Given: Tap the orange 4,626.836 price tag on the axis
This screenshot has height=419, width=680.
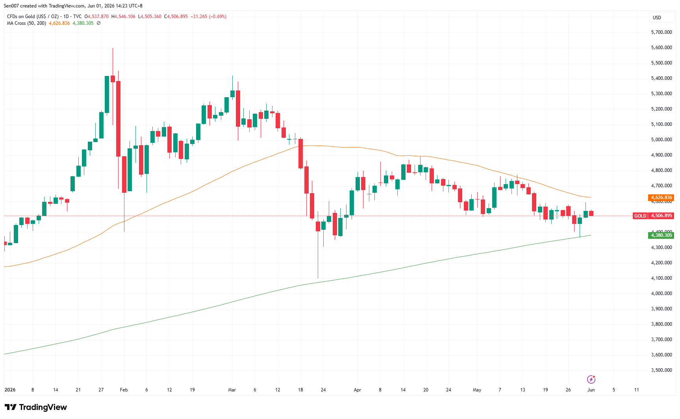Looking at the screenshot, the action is [x=661, y=198].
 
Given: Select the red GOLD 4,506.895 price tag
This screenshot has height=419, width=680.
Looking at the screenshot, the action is [x=653, y=216].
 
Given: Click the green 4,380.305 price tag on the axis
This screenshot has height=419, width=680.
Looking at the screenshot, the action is [x=661, y=235].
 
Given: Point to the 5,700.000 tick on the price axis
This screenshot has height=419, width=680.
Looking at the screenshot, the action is [x=661, y=32].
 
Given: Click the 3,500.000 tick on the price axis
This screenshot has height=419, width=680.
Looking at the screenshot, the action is [x=661, y=370].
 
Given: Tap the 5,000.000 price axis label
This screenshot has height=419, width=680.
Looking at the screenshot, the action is [x=661, y=140].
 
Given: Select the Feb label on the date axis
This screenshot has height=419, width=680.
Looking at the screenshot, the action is [x=124, y=390].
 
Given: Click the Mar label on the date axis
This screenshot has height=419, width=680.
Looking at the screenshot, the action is [x=232, y=390].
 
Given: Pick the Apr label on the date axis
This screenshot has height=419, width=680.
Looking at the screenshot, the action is [x=357, y=390].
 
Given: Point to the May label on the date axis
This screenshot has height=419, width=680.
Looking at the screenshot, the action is [x=477, y=390].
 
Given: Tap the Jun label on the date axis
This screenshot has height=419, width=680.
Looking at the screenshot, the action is [x=591, y=390].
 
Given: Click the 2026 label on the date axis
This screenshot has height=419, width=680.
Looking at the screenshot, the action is [x=10, y=390].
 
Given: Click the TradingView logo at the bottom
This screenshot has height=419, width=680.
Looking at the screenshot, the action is [x=36, y=407].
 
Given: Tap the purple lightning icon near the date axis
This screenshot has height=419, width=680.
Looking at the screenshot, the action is [x=591, y=379].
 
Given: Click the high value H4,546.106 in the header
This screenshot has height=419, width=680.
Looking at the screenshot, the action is [x=123, y=17].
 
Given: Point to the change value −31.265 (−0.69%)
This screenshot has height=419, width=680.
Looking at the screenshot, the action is [x=209, y=17].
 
